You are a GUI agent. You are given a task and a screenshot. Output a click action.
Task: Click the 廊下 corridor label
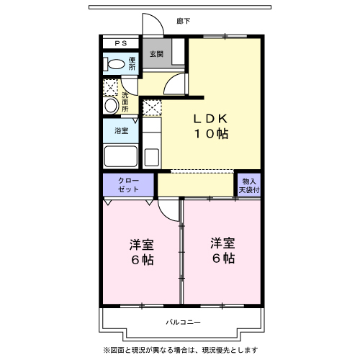pos(183,22)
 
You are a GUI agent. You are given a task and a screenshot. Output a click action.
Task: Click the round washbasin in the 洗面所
pos(110,106)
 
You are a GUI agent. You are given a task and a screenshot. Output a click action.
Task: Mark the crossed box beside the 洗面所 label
pos(109,88)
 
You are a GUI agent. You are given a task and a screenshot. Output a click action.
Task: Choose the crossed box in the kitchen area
pos(151,108)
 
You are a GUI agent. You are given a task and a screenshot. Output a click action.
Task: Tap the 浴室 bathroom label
pos(121,130)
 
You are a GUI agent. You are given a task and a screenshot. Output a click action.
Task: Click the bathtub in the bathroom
pos(121,156)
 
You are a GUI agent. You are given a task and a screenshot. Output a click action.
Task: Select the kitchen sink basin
pos(152,157)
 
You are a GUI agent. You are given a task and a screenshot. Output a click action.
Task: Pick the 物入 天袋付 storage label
pos(249,185)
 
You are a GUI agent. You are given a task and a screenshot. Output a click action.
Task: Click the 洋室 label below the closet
pos(141,251)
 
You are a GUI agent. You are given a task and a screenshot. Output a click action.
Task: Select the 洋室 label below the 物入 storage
pos(222,250)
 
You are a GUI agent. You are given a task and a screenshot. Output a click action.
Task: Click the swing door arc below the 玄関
pos(174,88)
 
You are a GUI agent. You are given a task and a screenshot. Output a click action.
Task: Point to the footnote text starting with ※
pos(180,349)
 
